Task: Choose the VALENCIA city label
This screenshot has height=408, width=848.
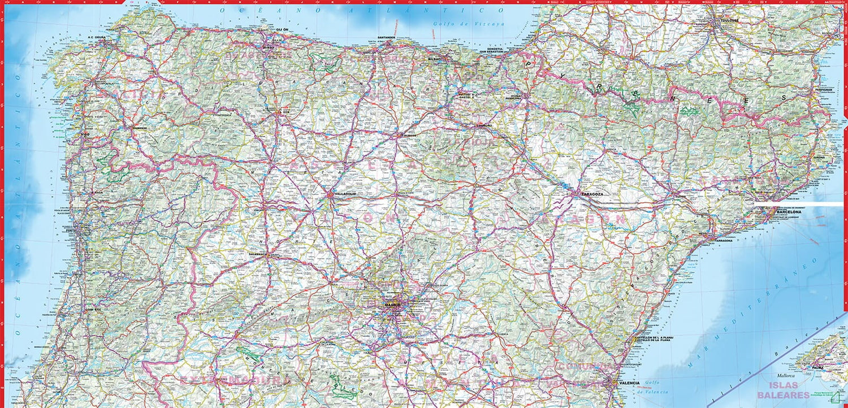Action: (x=629, y=383)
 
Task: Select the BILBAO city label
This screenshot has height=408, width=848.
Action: (x=434, y=59)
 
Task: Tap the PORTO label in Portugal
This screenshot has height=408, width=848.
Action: (x=71, y=231)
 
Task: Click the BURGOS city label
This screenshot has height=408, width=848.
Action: (x=406, y=136)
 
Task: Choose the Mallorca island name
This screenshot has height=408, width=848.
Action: (x=786, y=376)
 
